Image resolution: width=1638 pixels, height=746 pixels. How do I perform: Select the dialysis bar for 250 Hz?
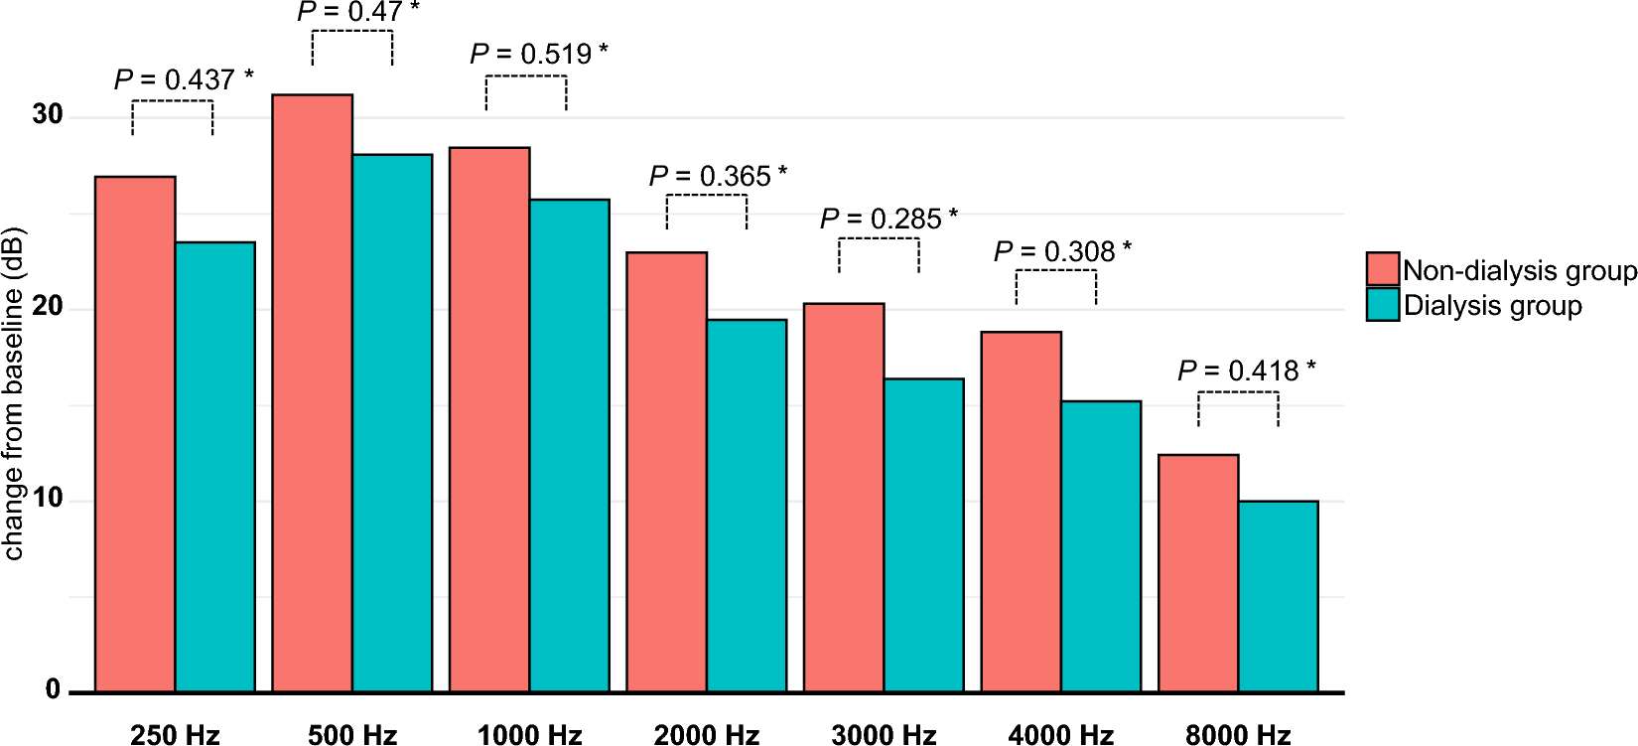click(x=215, y=467)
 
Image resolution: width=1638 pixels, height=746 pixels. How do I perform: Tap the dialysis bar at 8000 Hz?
click(x=1278, y=596)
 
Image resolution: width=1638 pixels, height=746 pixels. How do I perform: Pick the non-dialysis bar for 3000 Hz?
click(x=843, y=497)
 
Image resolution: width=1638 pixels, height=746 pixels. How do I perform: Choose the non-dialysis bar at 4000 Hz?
click(x=1021, y=512)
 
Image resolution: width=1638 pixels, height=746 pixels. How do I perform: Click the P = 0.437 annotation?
click(x=184, y=79)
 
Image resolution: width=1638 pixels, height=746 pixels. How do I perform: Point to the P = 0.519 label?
click(x=539, y=54)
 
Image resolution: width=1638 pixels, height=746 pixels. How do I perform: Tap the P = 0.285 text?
click(x=888, y=219)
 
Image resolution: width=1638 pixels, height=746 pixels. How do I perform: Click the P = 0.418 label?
click(x=1247, y=371)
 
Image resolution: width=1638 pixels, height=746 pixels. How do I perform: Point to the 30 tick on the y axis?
click(x=47, y=114)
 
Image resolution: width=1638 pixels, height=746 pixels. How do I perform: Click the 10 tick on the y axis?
click(x=47, y=499)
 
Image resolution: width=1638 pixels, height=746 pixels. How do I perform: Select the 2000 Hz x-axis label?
click(x=707, y=734)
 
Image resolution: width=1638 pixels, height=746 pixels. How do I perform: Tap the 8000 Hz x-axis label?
click(x=1238, y=734)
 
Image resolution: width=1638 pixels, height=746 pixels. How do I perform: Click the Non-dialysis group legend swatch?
click(x=1382, y=269)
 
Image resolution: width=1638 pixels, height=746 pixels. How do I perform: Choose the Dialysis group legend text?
click(x=1492, y=305)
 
